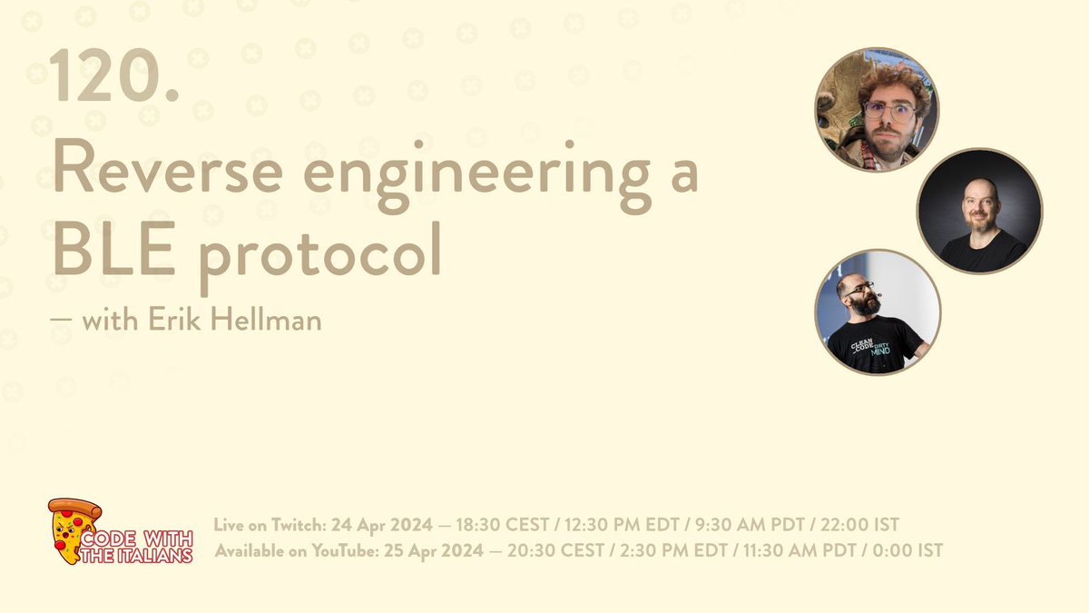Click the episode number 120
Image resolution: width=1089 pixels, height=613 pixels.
114,77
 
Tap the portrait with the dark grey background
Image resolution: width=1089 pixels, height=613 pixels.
979,211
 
